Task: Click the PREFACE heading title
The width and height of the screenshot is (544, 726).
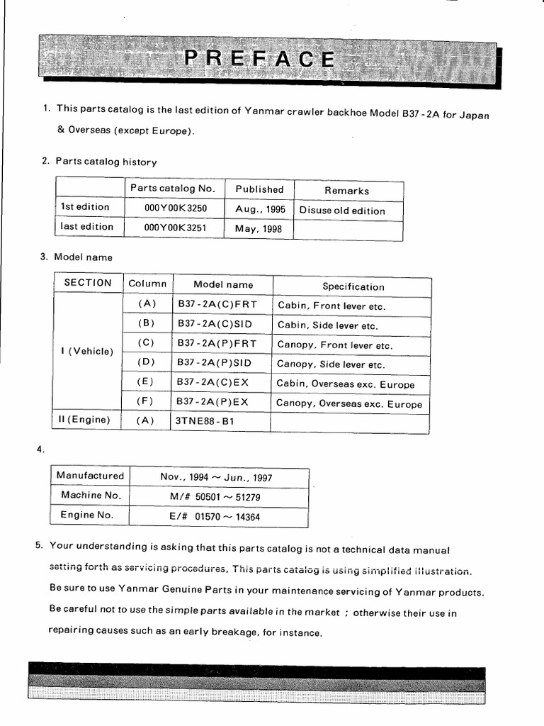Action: click(259, 59)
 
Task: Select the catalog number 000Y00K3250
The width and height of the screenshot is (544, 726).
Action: click(174, 209)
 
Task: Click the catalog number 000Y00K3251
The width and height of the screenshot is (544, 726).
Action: click(174, 228)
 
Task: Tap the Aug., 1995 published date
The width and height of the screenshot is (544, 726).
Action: click(260, 209)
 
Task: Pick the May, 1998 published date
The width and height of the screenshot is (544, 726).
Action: click(260, 229)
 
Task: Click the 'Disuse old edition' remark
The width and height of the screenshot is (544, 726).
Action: click(342, 211)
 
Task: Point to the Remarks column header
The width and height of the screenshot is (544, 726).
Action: click(346, 191)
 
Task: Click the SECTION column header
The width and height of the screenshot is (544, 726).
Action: click(88, 283)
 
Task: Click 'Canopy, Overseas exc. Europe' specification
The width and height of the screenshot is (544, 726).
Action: click(348, 404)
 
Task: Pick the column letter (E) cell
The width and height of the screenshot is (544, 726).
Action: click(147, 381)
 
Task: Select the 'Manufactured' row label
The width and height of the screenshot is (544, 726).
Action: click(90, 476)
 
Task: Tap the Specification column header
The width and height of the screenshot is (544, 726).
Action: click(353, 286)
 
